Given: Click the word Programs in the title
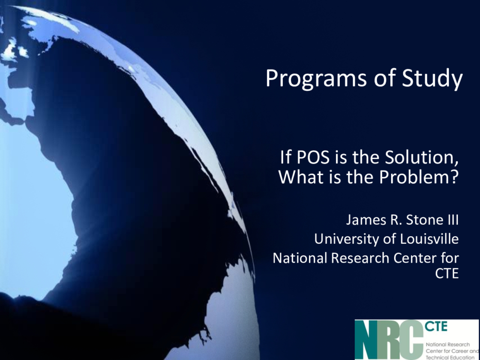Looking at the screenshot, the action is coord(316,79).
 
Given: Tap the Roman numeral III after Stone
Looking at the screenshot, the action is coord(453,220).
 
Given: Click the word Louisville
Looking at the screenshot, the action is coord(429,239).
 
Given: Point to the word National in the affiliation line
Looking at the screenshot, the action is coord(300,258).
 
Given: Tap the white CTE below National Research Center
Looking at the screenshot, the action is coord(447,274).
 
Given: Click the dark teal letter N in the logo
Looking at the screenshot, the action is coord(366,340).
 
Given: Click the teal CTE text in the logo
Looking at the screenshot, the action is coord(436,326).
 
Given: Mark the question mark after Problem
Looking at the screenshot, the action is coord(455,177).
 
